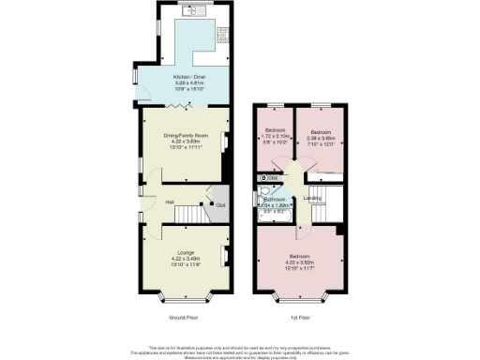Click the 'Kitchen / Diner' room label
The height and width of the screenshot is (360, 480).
pos(183,78)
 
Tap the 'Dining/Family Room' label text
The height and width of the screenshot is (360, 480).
pos(183,134)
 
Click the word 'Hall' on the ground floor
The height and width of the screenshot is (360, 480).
pos(170,202)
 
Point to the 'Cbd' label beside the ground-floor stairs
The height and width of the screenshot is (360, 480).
pos(220,206)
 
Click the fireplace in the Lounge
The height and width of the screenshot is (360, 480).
pos(225,255)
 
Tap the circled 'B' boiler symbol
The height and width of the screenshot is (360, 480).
pos(264,177)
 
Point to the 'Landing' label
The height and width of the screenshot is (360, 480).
pos(313,199)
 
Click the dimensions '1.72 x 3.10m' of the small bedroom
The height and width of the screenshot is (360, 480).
pos(275,136)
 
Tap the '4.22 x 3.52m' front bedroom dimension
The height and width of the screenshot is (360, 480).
pos(301,262)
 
